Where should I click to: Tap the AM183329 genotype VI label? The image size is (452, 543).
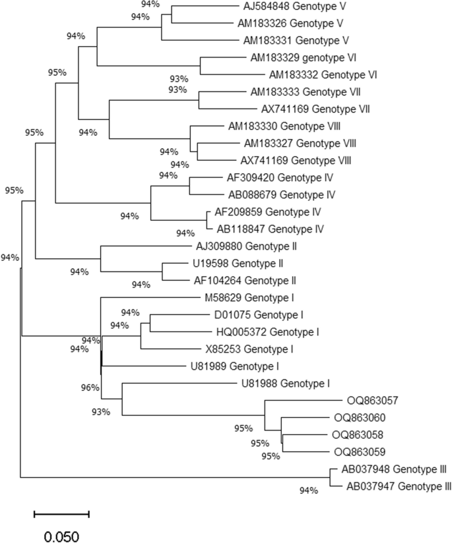click(x=294, y=57)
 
